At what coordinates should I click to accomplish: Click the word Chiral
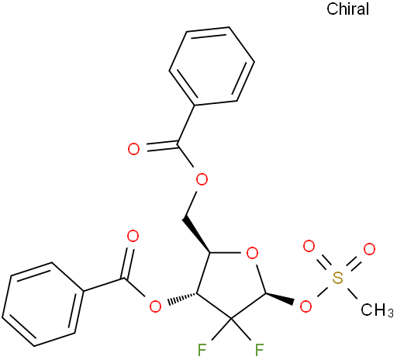point(347,9)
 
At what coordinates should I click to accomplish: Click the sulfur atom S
point(337,278)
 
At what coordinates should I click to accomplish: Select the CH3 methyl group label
point(377,310)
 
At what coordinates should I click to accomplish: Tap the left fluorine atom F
point(202,350)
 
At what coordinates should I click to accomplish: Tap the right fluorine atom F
point(259,350)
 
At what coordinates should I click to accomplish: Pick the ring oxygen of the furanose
point(252,253)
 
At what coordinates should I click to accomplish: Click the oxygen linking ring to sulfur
point(306,306)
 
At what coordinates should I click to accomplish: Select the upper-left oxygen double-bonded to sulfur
point(309,246)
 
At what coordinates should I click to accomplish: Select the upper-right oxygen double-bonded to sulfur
point(369,249)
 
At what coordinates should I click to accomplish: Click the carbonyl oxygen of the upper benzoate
point(134,149)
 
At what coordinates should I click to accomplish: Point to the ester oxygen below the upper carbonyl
point(202,179)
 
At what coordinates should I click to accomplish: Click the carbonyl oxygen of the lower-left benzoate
point(133,237)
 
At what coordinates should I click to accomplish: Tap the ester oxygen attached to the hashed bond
point(156,306)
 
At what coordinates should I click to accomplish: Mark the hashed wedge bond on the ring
point(182,298)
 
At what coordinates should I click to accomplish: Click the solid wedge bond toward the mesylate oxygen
point(280,298)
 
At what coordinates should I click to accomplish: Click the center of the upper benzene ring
point(212,66)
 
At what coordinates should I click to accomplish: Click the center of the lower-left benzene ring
point(43,304)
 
